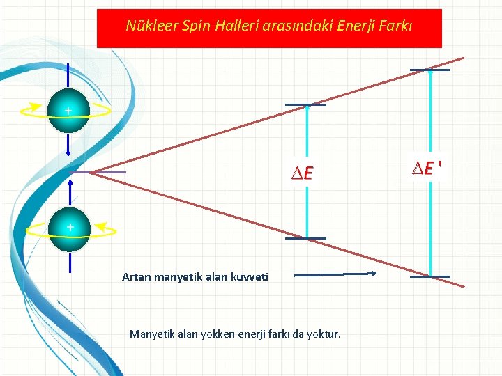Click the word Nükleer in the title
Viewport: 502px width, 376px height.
coord(147,26)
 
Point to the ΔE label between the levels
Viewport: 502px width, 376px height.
coord(303,173)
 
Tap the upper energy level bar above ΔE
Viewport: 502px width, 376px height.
coord(305,106)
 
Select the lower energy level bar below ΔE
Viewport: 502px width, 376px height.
coord(305,238)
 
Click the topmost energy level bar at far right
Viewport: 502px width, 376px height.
coord(429,70)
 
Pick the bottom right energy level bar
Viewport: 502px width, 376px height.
coord(429,276)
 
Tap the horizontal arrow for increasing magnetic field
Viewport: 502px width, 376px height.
coord(335,274)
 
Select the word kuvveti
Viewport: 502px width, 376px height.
coord(248,277)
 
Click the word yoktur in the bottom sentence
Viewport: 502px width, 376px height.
coord(324,334)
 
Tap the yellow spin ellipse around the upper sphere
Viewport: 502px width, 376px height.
coord(98,111)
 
